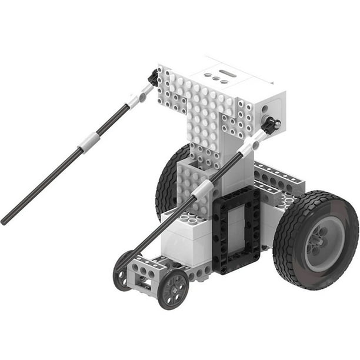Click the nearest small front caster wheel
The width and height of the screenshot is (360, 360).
click(x=172, y=288)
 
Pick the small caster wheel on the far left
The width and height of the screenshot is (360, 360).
click(x=123, y=269)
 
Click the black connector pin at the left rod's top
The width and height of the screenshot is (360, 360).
click(x=154, y=77)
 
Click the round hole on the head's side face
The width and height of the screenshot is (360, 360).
click(x=264, y=109)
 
